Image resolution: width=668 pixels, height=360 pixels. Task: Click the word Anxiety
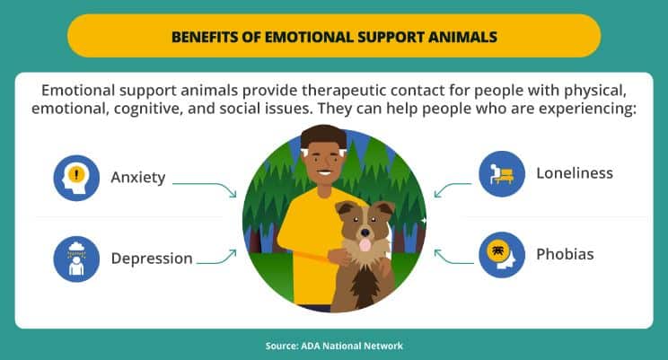click(138, 178)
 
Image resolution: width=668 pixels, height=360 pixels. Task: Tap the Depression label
click(152, 259)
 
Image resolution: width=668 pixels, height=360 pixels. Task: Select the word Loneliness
click(575, 173)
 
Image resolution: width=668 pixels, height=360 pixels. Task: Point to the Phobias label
click(565, 254)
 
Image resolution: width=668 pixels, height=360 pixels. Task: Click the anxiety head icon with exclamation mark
click(76, 178)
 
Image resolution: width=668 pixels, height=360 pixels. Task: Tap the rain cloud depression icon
click(76, 259)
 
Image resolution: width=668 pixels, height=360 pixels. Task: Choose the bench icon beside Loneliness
click(502, 174)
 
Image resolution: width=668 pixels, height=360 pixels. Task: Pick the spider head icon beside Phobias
click(502, 255)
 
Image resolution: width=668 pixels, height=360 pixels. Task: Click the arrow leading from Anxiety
click(213, 184)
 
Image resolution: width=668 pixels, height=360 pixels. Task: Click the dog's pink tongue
click(365, 245)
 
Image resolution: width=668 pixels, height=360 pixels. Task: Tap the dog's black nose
click(365, 233)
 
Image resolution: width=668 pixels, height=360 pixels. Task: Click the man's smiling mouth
click(324, 173)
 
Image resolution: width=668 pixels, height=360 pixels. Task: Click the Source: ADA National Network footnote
click(334, 346)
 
